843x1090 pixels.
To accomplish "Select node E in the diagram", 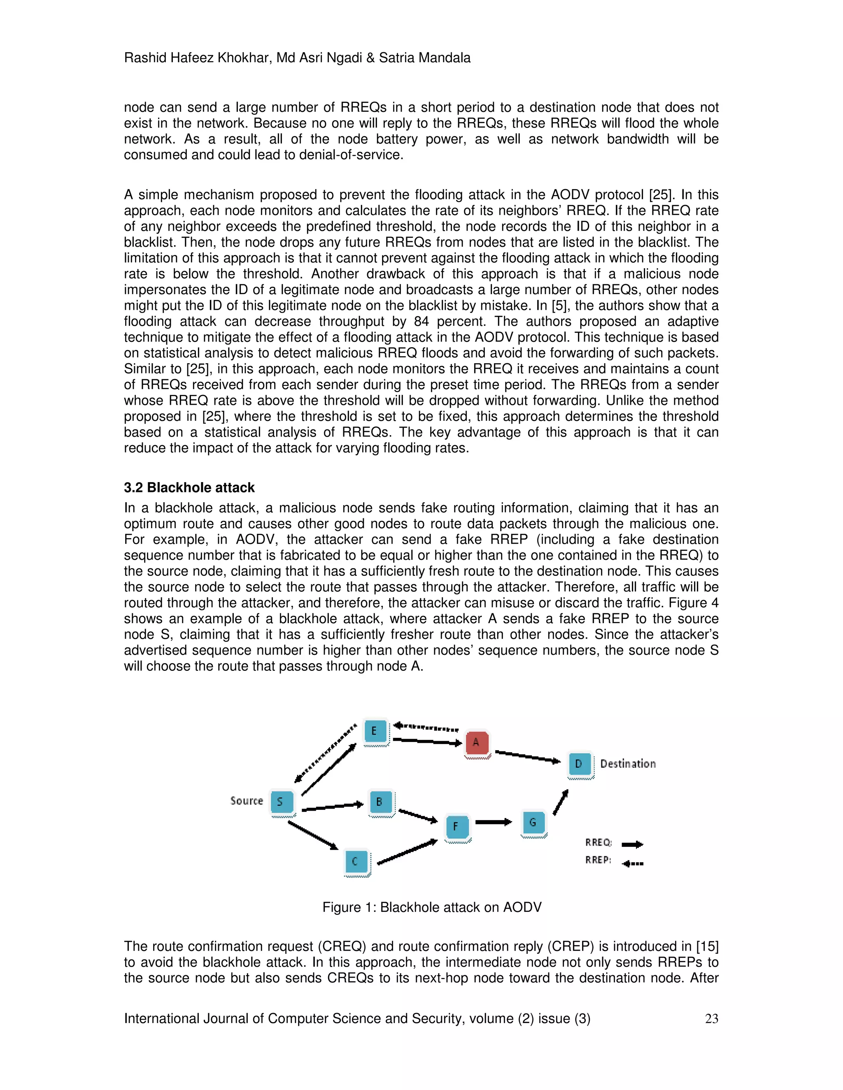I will pyautogui.click(x=375, y=731).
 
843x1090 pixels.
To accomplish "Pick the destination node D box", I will pyautogui.click(x=579, y=763).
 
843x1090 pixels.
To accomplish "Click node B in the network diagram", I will pyautogui.click(x=380, y=802).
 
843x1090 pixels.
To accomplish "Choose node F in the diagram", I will pyautogui.click(x=457, y=826).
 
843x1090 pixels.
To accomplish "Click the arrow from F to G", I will pyautogui.click(x=494, y=822).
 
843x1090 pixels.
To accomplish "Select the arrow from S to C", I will pyautogui.click(x=313, y=835).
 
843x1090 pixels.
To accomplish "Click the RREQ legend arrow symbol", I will pyautogui.click(x=632, y=844).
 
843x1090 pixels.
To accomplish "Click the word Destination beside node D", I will pyautogui.click(x=628, y=763).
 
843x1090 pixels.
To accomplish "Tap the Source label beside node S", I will pyautogui.click(x=246, y=800).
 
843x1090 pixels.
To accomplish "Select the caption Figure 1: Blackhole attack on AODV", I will pyautogui.click(x=431, y=907).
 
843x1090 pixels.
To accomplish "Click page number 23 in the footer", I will pyautogui.click(x=711, y=1018).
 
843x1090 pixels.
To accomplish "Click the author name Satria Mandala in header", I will pyautogui.click(x=424, y=58).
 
